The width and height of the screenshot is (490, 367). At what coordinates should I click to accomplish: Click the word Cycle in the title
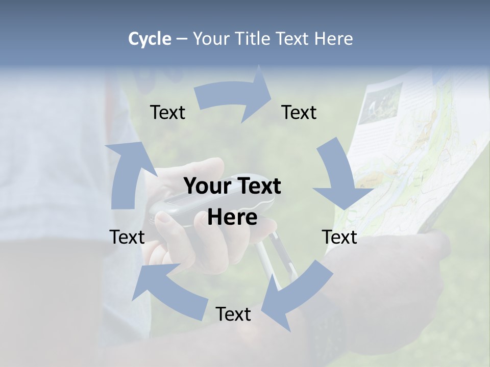(x=149, y=39)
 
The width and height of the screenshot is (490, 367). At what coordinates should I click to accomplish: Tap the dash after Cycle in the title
(x=182, y=39)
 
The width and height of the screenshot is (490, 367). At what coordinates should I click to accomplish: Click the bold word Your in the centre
(x=208, y=186)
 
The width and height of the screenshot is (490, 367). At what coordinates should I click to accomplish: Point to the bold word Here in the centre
(x=232, y=218)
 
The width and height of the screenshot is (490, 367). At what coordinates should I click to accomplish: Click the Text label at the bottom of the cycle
(x=233, y=314)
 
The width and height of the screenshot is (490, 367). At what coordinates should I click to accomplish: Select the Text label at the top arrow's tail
(x=167, y=112)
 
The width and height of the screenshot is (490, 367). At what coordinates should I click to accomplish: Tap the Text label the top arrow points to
(x=299, y=112)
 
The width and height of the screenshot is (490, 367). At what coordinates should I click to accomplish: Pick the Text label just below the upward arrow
(x=127, y=237)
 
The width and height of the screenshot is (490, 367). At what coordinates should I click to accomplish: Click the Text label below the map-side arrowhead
(x=339, y=237)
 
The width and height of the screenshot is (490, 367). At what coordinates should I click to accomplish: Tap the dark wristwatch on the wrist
(x=327, y=326)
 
